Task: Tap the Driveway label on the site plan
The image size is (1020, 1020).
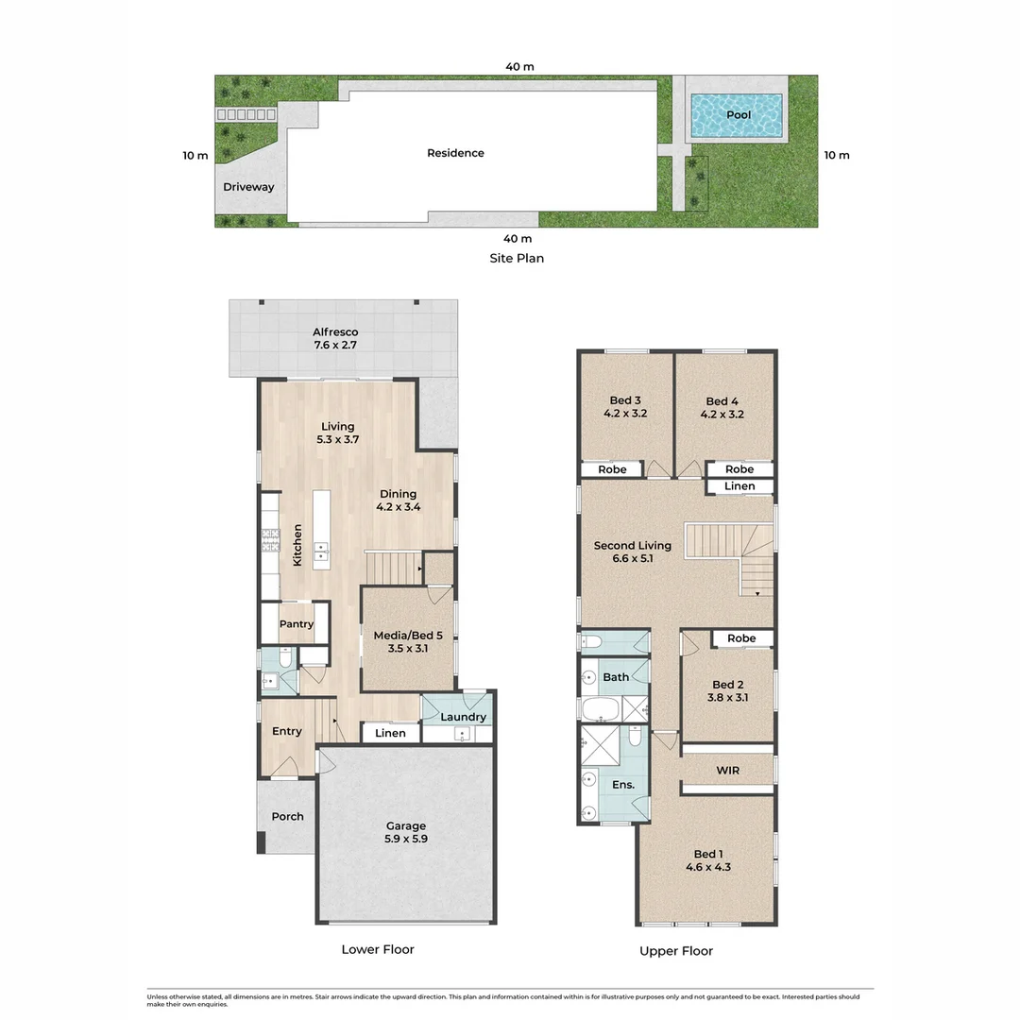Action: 248,187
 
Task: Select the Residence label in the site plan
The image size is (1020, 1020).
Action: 455,153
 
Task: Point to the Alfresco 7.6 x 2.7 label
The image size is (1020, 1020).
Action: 335,339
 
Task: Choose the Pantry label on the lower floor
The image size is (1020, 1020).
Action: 296,624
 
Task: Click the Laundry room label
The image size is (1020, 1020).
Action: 464,717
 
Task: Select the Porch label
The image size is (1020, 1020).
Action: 287,816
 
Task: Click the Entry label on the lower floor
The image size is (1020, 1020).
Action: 287,731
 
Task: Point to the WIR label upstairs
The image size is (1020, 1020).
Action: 727,771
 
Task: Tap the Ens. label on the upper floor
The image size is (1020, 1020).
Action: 622,785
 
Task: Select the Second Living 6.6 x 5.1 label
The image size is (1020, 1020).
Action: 632,552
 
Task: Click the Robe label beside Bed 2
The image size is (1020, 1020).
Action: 741,638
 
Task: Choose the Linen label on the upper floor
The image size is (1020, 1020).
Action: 739,486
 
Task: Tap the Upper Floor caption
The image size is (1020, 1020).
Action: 676,951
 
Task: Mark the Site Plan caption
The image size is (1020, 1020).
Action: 516,258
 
